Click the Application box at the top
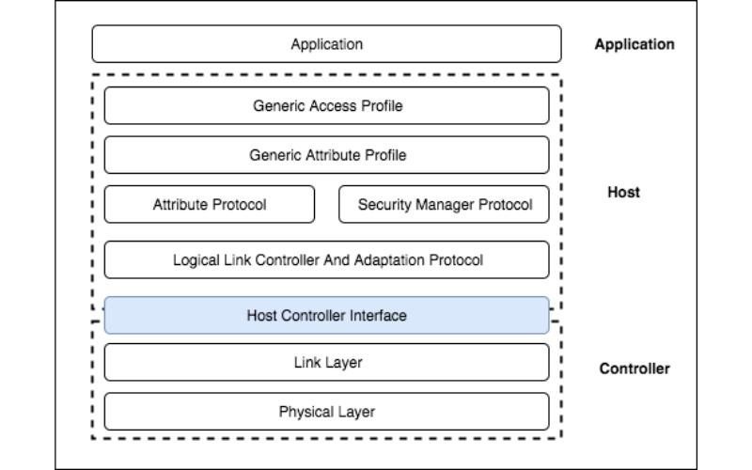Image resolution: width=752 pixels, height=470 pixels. click(326, 44)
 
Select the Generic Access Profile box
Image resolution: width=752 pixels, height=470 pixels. click(326, 106)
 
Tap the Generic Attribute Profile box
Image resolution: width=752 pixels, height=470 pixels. click(326, 155)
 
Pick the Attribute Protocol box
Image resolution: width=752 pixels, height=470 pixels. click(210, 205)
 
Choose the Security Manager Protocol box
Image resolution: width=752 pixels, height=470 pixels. click(444, 205)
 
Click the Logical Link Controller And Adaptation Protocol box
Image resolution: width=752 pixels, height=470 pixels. click(326, 260)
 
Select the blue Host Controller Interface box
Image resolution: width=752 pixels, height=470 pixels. click(326, 316)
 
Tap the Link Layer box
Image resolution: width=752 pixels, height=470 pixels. click(326, 362)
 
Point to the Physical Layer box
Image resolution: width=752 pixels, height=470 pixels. click(326, 412)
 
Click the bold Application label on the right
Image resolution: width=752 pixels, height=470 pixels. click(634, 44)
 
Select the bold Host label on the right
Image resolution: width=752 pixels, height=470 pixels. click(624, 192)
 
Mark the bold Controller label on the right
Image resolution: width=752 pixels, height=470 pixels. click(634, 368)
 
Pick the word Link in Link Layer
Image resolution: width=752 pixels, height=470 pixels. click(307, 362)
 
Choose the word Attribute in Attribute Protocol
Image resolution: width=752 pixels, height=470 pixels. click(180, 205)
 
